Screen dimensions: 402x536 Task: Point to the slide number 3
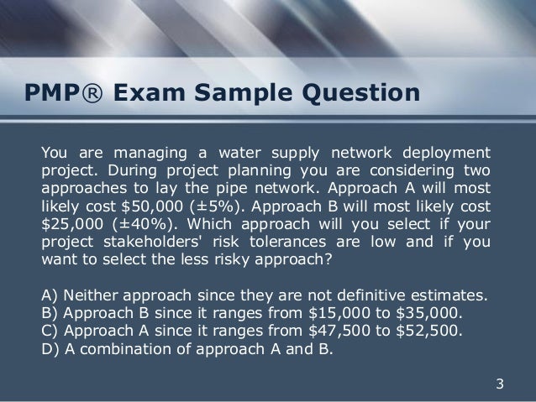tap(501, 385)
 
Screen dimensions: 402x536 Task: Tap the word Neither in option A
tap(88, 295)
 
